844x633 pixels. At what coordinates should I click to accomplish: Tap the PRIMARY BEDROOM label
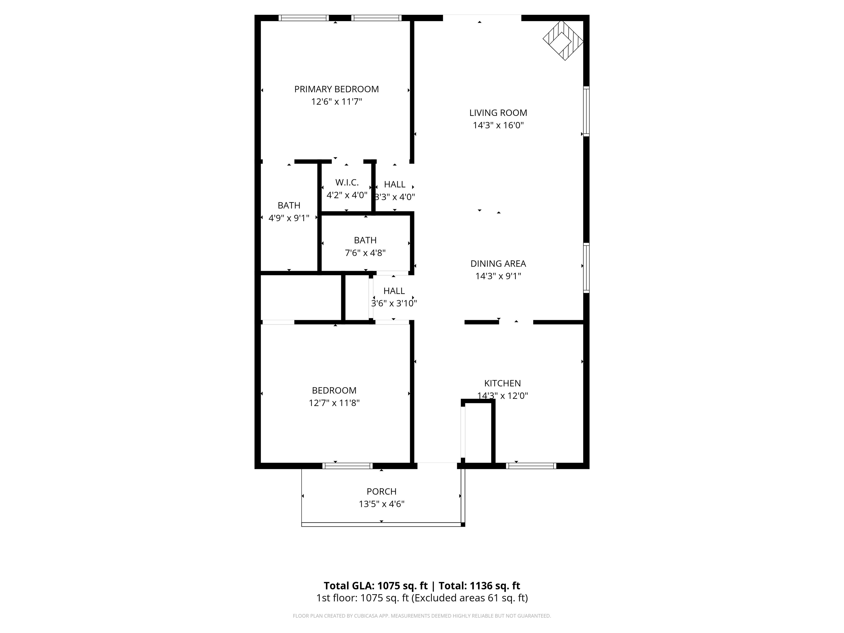336,89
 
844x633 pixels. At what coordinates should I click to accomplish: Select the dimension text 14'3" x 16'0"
498,125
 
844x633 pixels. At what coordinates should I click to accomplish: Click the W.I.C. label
347,182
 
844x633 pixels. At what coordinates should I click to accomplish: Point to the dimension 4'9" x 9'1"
289,218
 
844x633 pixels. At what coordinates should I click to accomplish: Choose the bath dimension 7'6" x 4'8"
365,252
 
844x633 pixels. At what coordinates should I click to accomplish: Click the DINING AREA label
498,264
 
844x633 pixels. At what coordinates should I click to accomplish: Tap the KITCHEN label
502,383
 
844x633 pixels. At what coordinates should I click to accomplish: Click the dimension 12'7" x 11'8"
334,403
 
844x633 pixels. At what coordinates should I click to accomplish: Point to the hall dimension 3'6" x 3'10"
394,303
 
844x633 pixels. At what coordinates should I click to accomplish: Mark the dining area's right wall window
587,268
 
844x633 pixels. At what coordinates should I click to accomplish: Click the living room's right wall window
587,111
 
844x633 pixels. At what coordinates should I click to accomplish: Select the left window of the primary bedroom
303,18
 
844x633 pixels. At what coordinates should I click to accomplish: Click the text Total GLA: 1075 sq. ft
376,586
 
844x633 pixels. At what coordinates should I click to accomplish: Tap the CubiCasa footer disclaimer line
422,616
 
